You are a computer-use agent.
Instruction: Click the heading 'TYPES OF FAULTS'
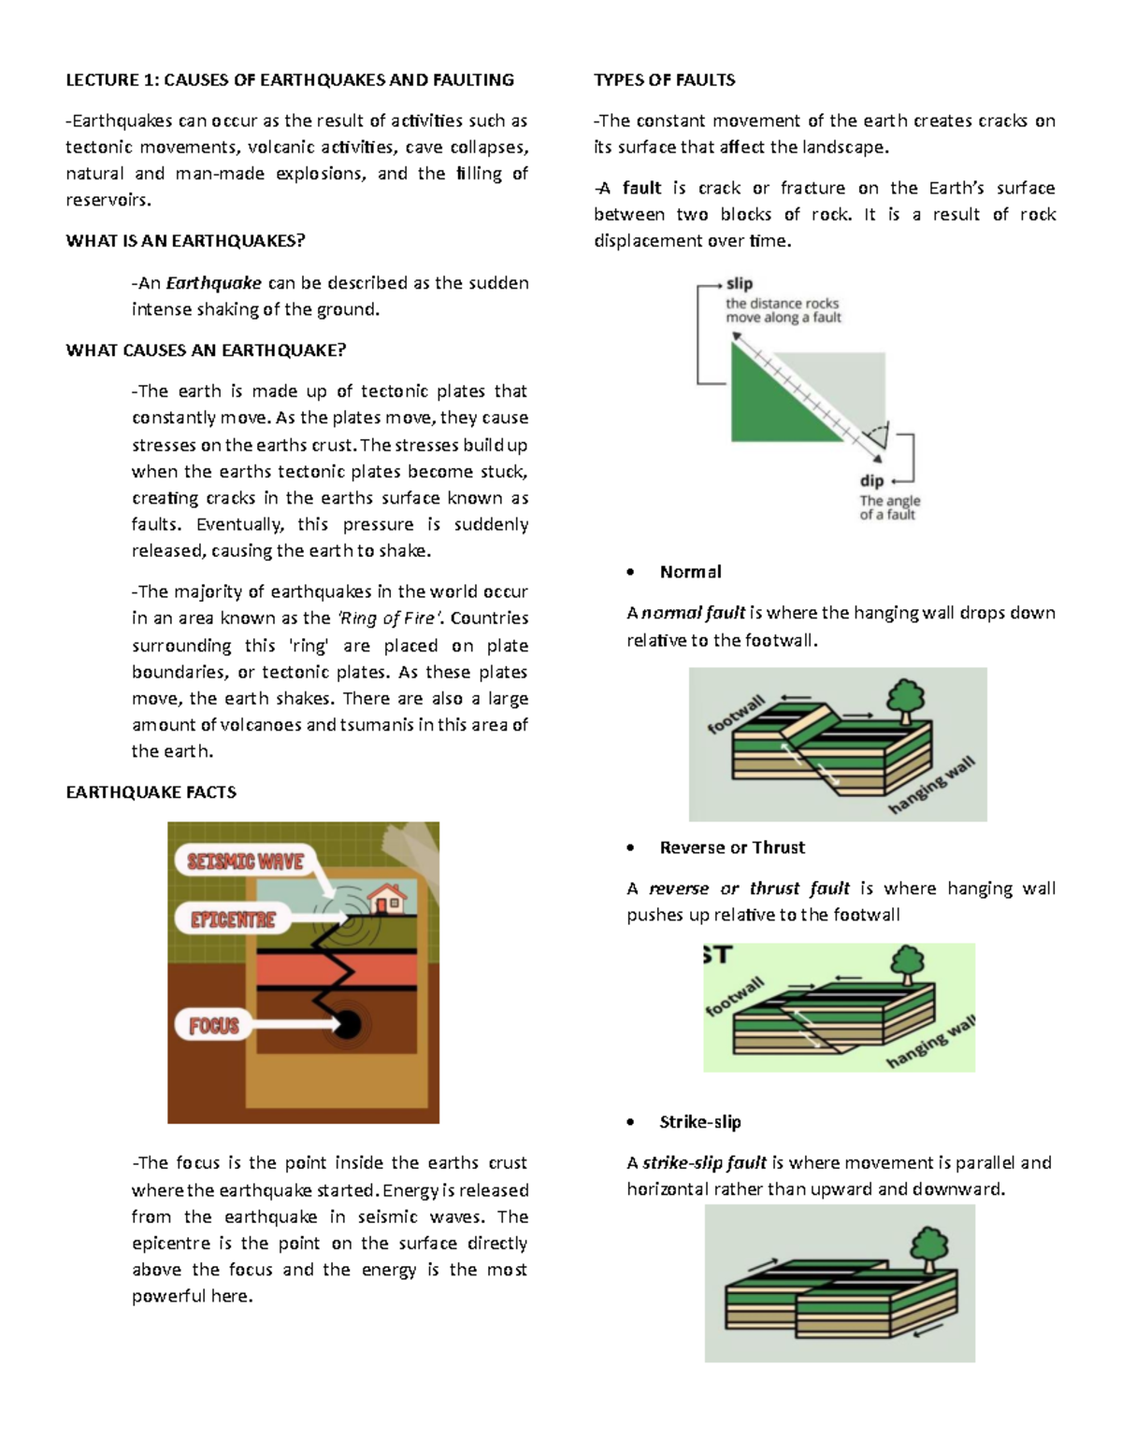coord(664,80)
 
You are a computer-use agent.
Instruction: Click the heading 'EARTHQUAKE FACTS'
coord(151,792)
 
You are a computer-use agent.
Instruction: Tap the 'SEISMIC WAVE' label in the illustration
coord(245,861)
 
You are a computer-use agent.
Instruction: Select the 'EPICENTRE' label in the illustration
coord(233,920)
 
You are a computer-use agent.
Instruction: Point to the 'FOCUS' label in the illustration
coord(214,1026)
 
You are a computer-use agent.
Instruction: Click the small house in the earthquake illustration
coord(388,899)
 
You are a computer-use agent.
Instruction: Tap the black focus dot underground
coord(348,1025)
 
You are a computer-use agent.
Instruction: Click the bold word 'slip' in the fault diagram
coord(739,283)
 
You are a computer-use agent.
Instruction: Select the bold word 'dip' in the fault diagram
coord(871,480)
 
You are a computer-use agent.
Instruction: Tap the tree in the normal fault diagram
coord(905,700)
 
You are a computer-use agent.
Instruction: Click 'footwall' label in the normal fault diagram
coord(736,714)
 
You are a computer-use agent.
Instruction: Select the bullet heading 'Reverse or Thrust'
coord(731,847)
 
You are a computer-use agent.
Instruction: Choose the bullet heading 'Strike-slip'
coord(699,1122)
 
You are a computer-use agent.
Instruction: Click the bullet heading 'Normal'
coord(690,572)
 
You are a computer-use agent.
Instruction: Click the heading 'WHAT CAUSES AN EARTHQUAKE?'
coord(206,350)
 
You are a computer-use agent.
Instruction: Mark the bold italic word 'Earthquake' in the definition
coord(213,283)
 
